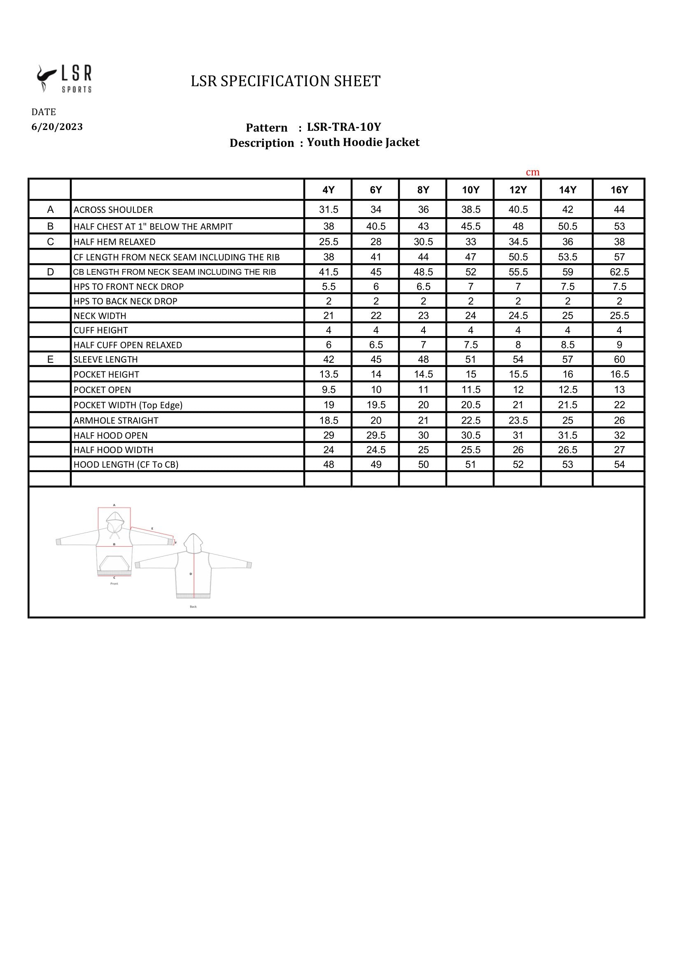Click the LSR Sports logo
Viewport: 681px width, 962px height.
64,79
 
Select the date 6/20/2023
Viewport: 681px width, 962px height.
57,127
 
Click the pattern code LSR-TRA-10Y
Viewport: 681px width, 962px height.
344,127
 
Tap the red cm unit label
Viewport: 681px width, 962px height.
532,172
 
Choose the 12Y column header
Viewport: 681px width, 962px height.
518,190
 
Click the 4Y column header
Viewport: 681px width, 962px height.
328,190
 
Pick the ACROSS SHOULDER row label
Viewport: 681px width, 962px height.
113,209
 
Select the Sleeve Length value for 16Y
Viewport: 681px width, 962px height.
619,359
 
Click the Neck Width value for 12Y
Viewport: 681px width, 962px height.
518,315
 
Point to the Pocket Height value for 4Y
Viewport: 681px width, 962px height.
328,374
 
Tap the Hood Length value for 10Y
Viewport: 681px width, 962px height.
471,464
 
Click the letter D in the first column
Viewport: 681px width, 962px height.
50,272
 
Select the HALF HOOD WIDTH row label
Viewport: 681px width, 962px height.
113,450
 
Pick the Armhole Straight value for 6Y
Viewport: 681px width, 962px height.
376,420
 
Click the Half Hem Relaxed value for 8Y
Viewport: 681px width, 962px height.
423,242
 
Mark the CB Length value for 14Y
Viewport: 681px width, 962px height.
567,272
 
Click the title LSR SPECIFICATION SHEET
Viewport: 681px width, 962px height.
286,81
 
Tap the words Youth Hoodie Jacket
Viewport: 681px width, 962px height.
363,142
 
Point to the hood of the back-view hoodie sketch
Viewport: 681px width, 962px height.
194,542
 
